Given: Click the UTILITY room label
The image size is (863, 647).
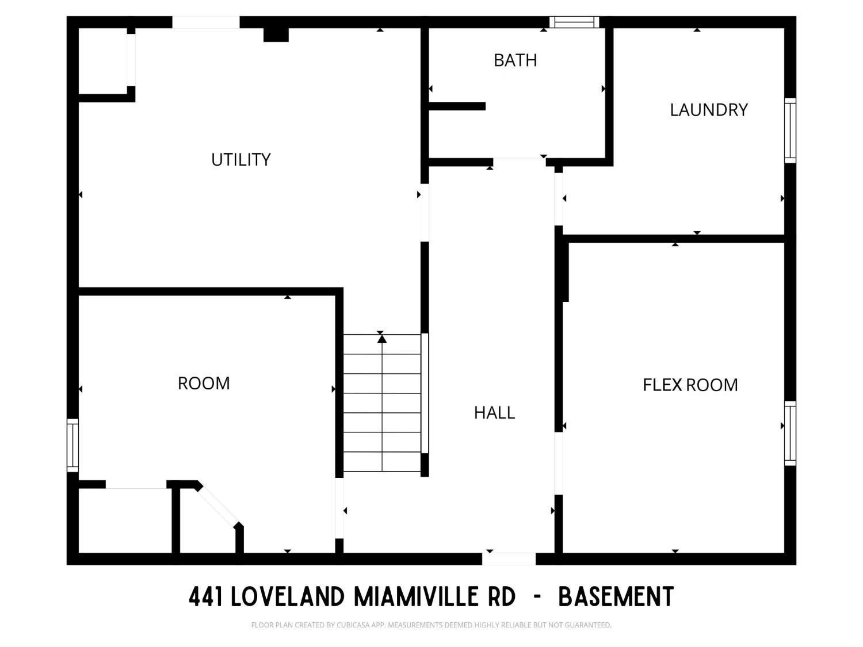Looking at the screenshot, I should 240,159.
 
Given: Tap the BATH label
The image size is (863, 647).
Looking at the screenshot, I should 515,60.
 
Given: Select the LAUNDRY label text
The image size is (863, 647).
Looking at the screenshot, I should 708,110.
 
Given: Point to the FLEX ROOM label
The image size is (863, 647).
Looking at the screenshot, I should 690,385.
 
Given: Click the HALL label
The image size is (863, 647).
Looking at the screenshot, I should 494,412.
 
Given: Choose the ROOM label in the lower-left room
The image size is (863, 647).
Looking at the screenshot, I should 204,383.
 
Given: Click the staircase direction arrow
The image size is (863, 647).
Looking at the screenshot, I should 382,339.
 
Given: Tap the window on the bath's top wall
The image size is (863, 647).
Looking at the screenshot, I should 574,22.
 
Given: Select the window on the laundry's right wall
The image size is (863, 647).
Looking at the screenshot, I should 791,130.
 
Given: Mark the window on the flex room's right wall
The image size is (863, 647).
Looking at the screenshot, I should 791,433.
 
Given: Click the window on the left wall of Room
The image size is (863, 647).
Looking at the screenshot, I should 72,445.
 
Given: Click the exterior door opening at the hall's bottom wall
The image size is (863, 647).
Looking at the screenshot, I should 509,558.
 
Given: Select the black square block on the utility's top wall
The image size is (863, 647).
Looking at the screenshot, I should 276,34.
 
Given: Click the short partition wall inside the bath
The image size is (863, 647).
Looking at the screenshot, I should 457,106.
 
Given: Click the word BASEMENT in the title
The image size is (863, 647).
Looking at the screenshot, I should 616,597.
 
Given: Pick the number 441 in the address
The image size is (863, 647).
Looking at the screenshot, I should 205,597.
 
